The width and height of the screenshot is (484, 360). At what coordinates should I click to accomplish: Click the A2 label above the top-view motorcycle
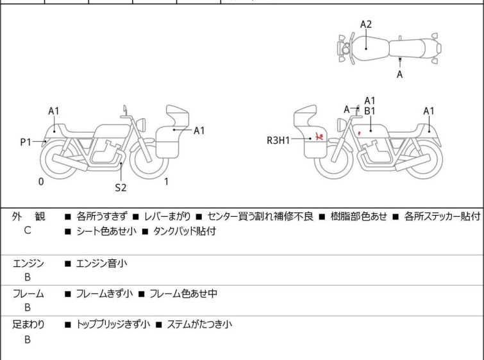click(366, 24)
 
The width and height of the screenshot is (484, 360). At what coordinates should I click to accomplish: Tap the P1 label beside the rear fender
click(26, 141)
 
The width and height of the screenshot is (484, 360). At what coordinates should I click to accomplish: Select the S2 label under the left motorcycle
click(121, 188)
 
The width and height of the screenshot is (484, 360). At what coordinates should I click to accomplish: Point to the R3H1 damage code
click(279, 139)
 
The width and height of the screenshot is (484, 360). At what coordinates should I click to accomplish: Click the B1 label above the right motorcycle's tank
click(369, 111)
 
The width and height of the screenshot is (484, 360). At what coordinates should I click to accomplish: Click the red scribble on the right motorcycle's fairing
click(319, 136)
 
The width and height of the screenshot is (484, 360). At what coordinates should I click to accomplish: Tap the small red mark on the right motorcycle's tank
click(360, 133)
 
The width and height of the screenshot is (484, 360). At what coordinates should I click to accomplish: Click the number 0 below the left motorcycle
click(41, 182)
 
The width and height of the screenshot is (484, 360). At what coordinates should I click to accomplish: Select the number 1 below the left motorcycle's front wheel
click(166, 182)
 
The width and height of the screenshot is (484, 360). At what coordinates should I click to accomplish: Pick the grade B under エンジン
click(28, 277)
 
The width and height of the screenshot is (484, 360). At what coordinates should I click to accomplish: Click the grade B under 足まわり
click(28, 339)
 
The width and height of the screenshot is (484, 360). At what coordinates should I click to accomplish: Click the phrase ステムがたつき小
click(199, 325)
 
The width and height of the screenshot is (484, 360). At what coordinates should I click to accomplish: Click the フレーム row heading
click(28, 294)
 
